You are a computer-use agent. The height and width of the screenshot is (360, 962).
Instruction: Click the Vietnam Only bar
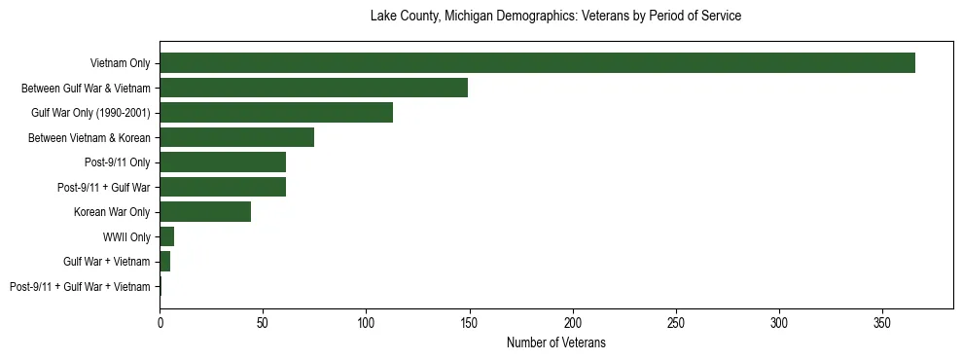tap(537, 62)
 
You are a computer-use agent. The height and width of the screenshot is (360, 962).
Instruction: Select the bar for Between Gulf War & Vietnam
tap(313, 88)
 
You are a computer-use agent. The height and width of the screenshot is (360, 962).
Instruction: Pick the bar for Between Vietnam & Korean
tap(236, 137)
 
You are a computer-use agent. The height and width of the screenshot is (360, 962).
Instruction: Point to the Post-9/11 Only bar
tap(223, 162)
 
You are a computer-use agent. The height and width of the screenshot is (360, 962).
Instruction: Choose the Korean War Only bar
tap(205, 211)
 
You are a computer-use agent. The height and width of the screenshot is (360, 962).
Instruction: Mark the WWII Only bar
tap(167, 236)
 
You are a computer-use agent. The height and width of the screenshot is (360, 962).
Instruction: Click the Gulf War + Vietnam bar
tap(165, 261)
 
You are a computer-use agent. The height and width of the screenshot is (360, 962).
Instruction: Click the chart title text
tap(555, 17)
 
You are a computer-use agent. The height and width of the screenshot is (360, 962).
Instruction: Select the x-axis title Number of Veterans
tap(555, 342)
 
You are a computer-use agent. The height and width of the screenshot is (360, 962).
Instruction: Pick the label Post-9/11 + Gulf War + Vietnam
tap(80, 286)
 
